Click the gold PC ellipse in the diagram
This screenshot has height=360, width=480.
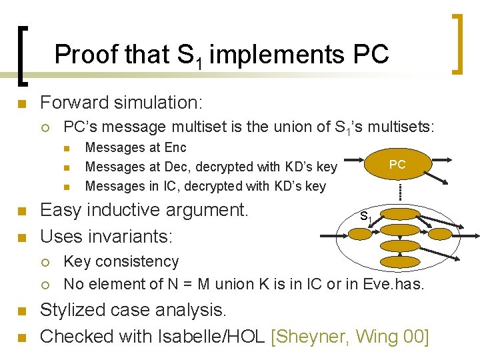click(x=397, y=165)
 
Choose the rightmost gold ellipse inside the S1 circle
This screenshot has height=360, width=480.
click(x=434, y=231)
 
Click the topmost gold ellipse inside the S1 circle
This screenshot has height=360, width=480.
click(x=399, y=213)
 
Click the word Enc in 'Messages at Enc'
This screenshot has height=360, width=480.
click(x=175, y=147)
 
